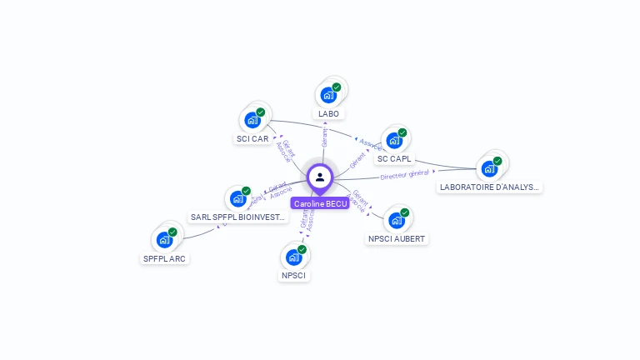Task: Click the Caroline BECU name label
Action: click(320, 203)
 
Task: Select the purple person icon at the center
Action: click(320, 177)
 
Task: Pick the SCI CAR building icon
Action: click(253, 120)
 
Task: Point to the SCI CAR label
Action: click(252, 138)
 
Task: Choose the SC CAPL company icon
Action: click(395, 140)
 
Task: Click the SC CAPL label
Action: click(394, 158)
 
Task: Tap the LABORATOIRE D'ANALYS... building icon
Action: click(490, 168)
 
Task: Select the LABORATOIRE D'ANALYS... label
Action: click(490, 187)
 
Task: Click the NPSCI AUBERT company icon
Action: click(397, 220)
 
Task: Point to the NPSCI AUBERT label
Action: click(397, 239)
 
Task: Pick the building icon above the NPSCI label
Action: click(294, 257)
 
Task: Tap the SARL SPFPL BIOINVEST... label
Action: click(240, 217)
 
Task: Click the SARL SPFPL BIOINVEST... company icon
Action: click(238, 198)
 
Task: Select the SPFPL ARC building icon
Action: click(165, 240)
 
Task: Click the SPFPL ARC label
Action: click(165, 258)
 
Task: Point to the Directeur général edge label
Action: click(404, 174)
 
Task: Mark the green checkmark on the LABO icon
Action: click(337, 87)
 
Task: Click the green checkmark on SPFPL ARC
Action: click(172, 232)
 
